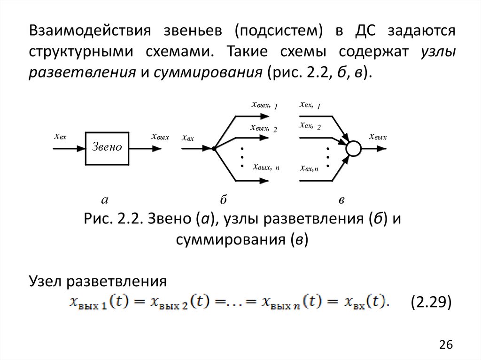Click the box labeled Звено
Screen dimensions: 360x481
tap(107, 148)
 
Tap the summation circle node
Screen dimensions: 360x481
tap(354, 148)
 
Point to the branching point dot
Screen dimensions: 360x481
tap(214, 148)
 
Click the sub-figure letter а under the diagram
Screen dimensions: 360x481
tap(105, 200)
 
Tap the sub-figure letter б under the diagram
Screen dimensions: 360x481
tap(224, 200)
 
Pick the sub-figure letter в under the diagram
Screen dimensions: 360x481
tap(342, 200)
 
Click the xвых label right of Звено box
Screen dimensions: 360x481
tap(160, 137)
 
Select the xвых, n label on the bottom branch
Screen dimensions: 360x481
tap(265, 167)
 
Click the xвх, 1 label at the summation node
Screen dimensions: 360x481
tap(310, 106)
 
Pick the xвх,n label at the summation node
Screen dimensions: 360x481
tap(309, 168)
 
